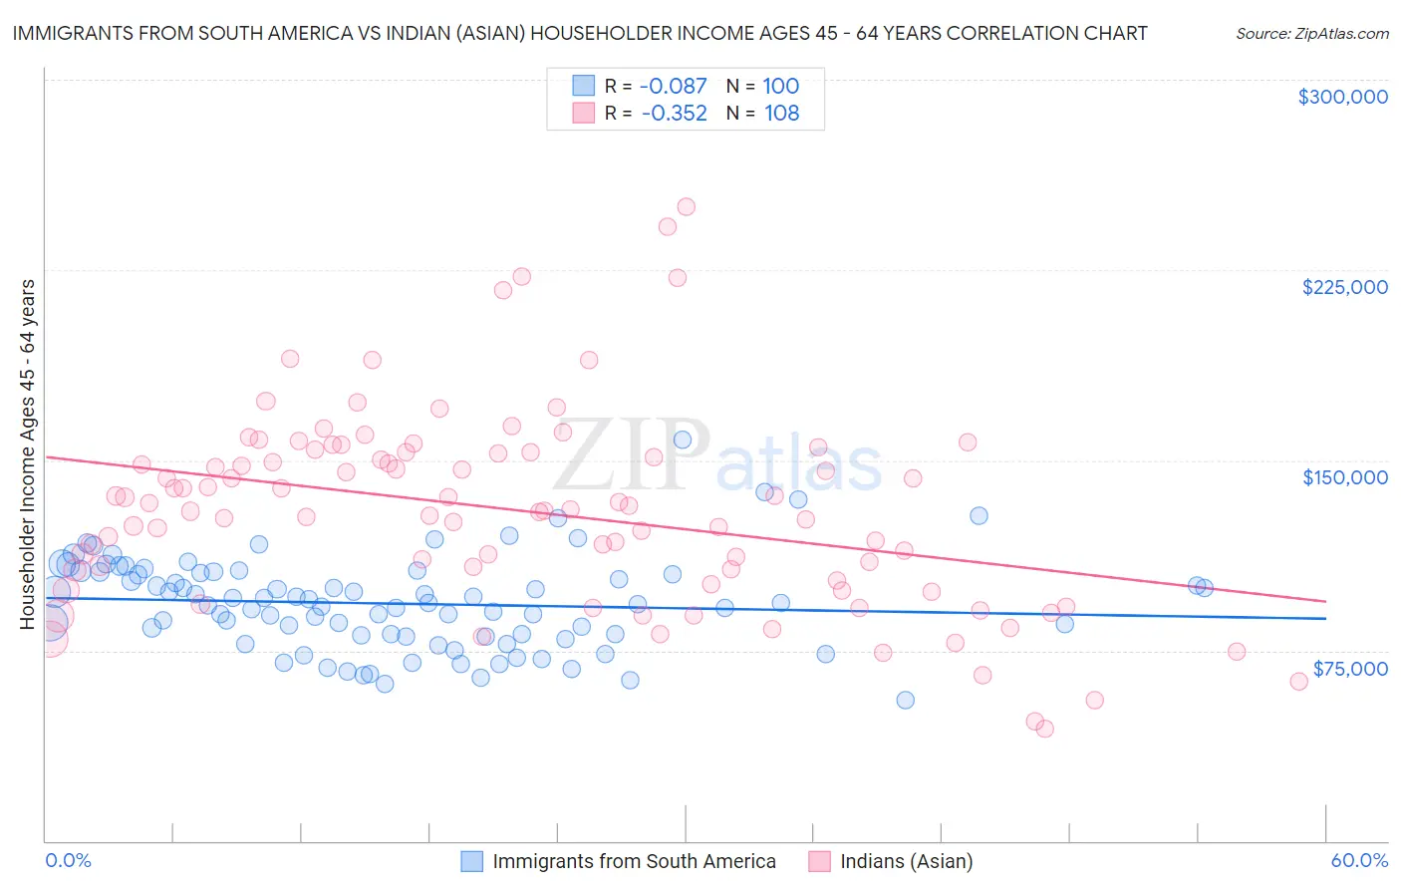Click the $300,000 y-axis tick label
[x=1342, y=97]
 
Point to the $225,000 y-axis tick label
[x=1344, y=287]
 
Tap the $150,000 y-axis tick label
[x=1344, y=477]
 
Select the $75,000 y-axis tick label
[x=1349, y=669]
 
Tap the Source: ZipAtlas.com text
[x=1311, y=34]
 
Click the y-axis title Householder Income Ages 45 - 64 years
[x=28, y=454]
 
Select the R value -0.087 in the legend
[x=673, y=87]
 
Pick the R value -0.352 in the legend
[x=674, y=114]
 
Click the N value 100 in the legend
[x=781, y=87]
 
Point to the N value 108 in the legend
[x=781, y=114]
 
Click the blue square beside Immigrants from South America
[x=471, y=861]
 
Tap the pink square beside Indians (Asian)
[x=819, y=861]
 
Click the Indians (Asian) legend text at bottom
[x=906, y=861]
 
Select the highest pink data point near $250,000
[x=686, y=207]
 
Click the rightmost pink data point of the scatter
[x=1298, y=682]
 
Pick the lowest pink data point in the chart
[x=1044, y=729]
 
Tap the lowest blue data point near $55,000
[x=905, y=700]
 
